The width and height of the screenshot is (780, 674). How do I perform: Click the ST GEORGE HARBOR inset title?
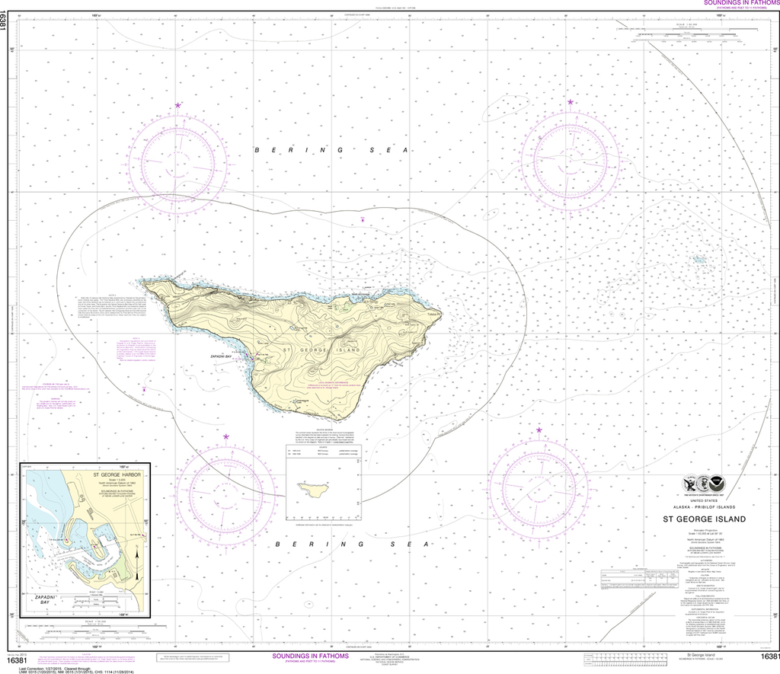coord(117,474)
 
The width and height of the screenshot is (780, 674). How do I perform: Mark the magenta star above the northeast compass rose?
coord(570,102)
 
